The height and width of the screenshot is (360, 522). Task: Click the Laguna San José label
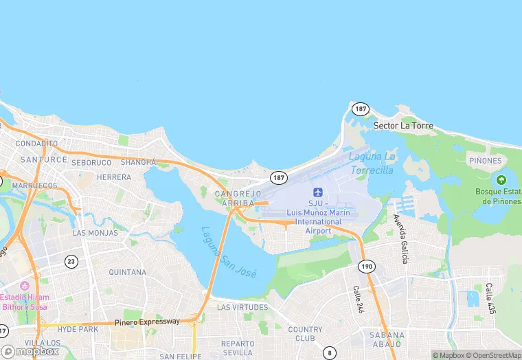pyautogui.click(x=229, y=252)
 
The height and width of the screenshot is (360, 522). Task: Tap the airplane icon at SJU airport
pyautogui.click(x=317, y=192)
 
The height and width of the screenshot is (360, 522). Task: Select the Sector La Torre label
pyautogui.click(x=403, y=126)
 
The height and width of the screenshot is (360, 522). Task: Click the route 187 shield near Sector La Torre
pyautogui.click(x=361, y=109)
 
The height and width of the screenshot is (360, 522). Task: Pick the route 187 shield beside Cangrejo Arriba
pyautogui.click(x=278, y=177)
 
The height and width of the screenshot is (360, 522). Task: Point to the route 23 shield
pyautogui.click(x=71, y=261)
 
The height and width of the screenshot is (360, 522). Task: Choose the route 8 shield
pyautogui.click(x=330, y=352)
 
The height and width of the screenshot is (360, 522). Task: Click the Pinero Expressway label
pyautogui.click(x=147, y=322)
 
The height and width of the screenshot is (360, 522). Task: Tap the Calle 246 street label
pyautogui.click(x=358, y=300)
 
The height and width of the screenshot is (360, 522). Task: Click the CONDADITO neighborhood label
pyautogui.click(x=36, y=144)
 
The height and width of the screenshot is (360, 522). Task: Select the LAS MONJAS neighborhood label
pyautogui.click(x=95, y=233)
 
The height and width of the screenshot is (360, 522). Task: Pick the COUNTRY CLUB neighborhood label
pyautogui.click(x=305, y=334)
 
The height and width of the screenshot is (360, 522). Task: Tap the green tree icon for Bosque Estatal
pyautogui.click(x=502, y=179)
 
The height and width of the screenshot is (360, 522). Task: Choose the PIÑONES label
pyautogui.click(x=486, y=161)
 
